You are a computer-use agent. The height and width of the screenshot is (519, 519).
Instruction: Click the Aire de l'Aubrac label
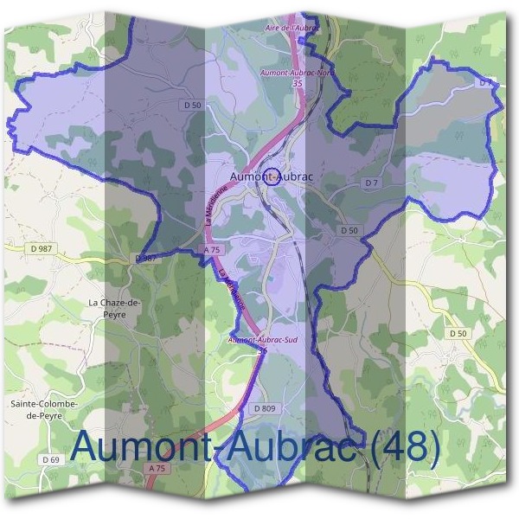pos(292,28)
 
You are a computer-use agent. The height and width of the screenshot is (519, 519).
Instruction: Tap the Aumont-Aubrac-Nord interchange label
pos(297,75)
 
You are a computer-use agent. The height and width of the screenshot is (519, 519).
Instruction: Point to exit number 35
pos(298,85)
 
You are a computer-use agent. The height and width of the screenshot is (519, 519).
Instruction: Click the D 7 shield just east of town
pos(372,183)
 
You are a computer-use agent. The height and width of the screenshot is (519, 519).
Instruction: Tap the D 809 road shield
pos(264,407)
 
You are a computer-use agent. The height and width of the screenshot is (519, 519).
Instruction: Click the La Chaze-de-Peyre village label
pos(114,308)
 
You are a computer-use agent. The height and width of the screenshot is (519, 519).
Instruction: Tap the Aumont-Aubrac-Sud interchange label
pos(262,341)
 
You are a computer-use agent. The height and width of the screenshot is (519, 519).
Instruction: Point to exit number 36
pos(263,349)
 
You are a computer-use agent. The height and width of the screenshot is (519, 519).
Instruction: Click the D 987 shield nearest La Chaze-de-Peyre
pos(145,259)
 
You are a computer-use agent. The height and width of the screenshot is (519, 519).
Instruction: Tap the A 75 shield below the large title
pos(157,468)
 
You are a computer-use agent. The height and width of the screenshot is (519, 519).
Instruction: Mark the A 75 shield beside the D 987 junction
pos(210,249)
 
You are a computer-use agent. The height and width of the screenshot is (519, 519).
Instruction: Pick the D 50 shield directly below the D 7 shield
pos(349,230)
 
